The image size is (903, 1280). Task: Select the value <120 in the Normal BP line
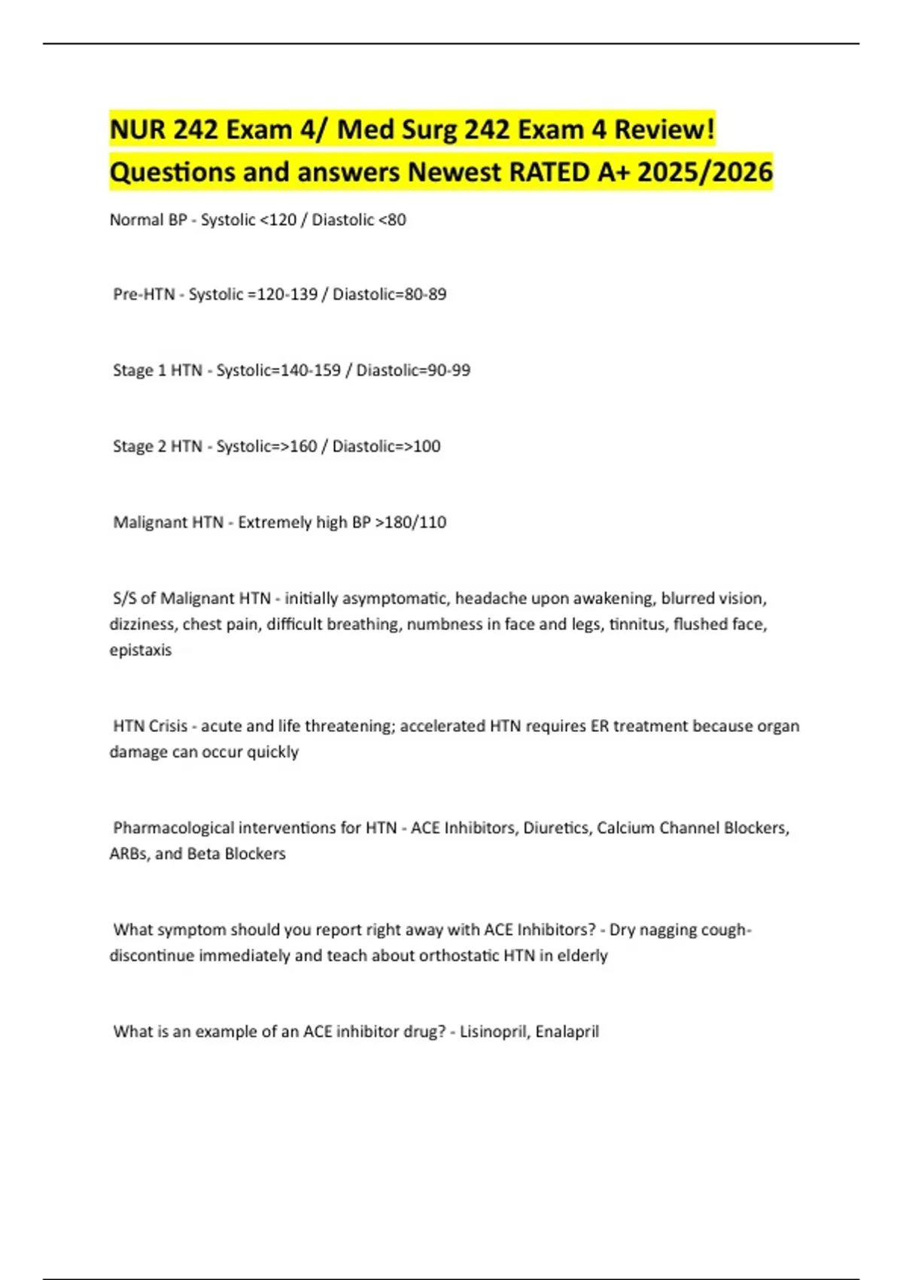(x=278, y=220)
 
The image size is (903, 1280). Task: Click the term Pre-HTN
(x=144, y=294)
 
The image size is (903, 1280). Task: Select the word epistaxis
(x=141, y=650)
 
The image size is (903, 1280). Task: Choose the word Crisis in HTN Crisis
(x=168, y=727)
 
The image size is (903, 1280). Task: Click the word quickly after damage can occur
(x=272, y=752)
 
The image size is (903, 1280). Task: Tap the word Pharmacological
(x=173, y=828)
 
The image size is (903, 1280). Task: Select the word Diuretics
(x=556, y=828)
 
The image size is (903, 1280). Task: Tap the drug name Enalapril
(x=567, y=1032)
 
